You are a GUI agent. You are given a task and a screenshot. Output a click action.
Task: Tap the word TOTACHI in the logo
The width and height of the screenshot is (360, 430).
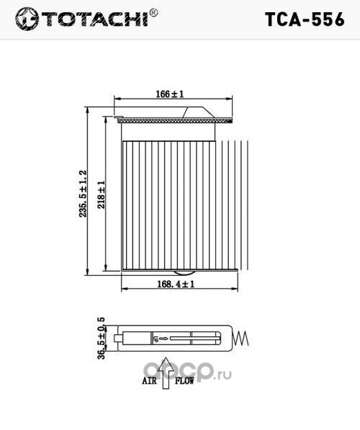[95, 20]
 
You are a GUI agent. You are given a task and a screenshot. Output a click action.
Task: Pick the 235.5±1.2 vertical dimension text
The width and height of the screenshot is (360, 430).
[83, 194]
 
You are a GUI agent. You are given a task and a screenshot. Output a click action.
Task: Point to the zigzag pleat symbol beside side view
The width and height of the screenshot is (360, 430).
[243, 336]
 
